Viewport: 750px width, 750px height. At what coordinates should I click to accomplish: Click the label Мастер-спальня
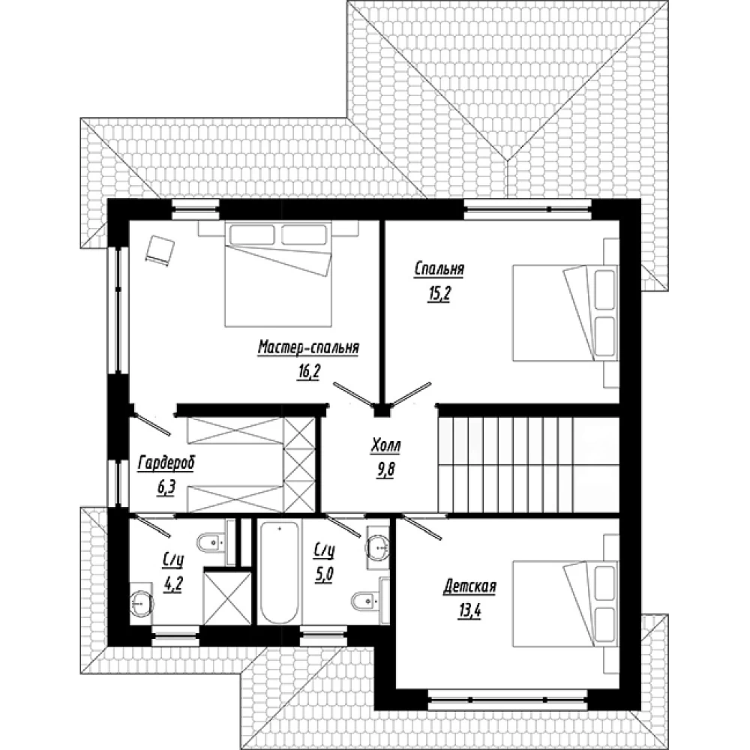click(308, 348)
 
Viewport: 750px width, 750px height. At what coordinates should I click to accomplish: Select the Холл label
click(385, 445)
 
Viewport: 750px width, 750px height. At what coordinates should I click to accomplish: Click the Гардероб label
click(166, 463)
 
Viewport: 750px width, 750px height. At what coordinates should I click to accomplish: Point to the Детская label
click(469, 586)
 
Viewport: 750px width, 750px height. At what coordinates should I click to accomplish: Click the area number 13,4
click(469, 610)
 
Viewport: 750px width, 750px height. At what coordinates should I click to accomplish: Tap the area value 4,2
click(172, 583)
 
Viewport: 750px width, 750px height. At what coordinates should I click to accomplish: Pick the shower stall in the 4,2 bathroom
click(228, 598)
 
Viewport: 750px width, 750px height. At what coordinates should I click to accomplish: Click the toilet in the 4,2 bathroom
click(212, 542)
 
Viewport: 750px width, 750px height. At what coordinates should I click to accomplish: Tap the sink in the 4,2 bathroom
click(142, 604)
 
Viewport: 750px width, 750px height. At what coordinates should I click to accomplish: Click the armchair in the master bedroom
click(160, 249)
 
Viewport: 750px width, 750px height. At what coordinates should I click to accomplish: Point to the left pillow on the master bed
click(252, 234)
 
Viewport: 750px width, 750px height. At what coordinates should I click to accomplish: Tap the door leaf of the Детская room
click(423, 527)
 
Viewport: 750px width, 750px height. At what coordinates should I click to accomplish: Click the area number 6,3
click(166, 487)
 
